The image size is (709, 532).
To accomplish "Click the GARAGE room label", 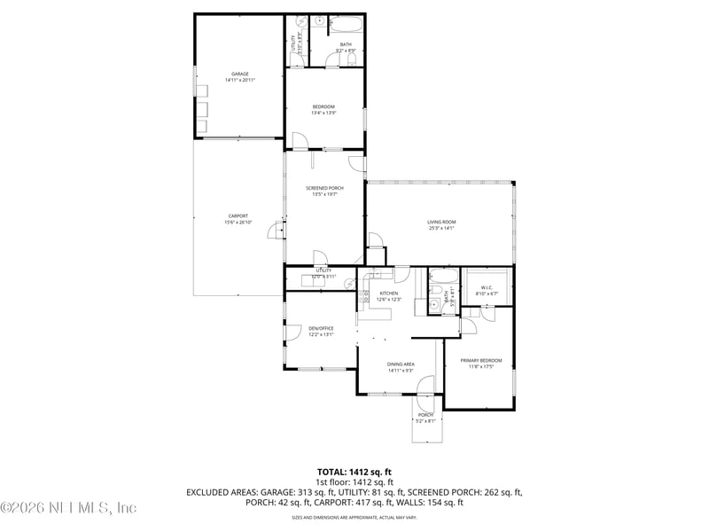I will click(x=239, y=74).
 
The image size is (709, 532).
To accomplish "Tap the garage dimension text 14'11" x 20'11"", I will click(x=239, y=81).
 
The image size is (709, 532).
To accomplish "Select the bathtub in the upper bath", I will click(x=346, y=24).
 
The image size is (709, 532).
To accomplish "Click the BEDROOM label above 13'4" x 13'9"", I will click(x=323, y=106).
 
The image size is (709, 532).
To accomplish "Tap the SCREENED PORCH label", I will click(x=324, y=188).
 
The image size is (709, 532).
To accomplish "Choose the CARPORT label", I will click(x=238, y=215).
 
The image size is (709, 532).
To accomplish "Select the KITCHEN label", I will click(x=389, y=293).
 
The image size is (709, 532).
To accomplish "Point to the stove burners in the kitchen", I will click(x=362, y=300).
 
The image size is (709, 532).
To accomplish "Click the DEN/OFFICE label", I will click(x=321, y=328).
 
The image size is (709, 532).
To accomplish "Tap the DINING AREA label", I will click(x=401, y=364).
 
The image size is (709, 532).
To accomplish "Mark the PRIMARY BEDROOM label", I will click(x=480, y=360).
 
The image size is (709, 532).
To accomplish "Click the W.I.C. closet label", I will click(x=487, y=286).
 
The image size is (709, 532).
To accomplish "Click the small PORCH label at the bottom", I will click(x=425, y=415).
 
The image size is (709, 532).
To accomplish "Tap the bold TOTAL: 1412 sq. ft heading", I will click(x=354, y=472).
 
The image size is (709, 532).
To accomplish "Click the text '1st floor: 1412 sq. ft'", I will click(x=354, y=481).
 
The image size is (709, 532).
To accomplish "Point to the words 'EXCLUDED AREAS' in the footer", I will click(x=217, y=491).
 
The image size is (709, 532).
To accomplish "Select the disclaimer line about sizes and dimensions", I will click(x=354, y=516).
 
